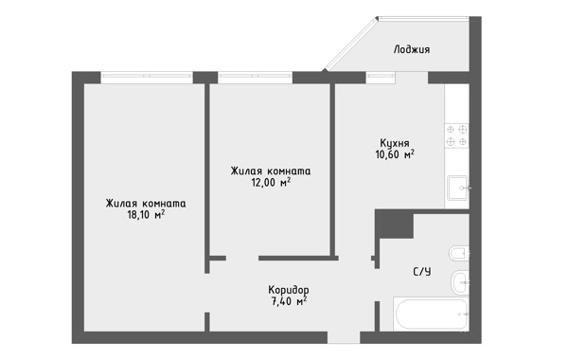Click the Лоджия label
[412, 49]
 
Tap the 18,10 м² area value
[146, 215]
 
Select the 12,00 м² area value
[271, 182]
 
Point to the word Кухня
[395, 143]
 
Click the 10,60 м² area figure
[395, 154]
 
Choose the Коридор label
[289, 290]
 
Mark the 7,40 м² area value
[289, 301]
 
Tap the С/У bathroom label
[422, 272]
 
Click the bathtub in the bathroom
[431, 314]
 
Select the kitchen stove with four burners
[457, 135]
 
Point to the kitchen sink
[458, 188]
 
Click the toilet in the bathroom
[459, 253]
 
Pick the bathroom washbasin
[460, 282]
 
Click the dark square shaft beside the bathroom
[394, 224]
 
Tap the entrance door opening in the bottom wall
[344, 337]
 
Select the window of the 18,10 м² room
[147, 76]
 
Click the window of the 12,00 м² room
[255, 76]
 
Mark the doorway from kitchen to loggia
[412, 78]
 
